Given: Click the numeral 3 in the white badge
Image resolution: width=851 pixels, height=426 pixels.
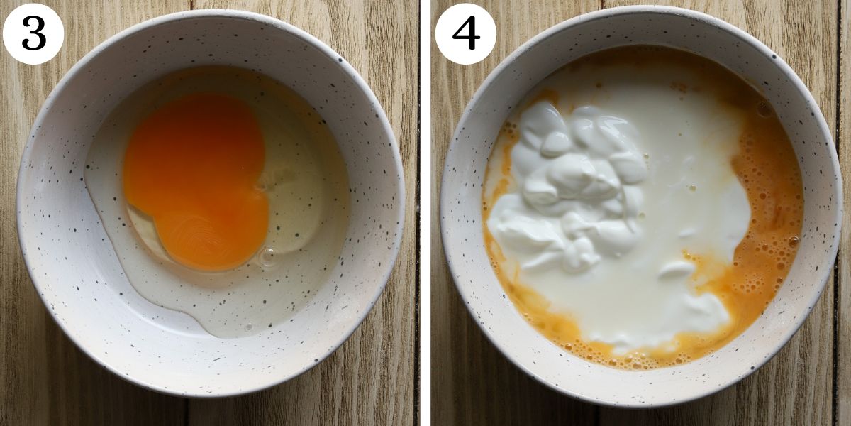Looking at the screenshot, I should pos(33,34).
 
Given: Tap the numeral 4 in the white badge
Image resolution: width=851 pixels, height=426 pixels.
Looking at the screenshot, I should pos(465,34).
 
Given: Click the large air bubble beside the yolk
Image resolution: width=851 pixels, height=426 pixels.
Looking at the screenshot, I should pos(268,256).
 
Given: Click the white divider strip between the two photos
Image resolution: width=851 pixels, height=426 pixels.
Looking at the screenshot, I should pos(425,213).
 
